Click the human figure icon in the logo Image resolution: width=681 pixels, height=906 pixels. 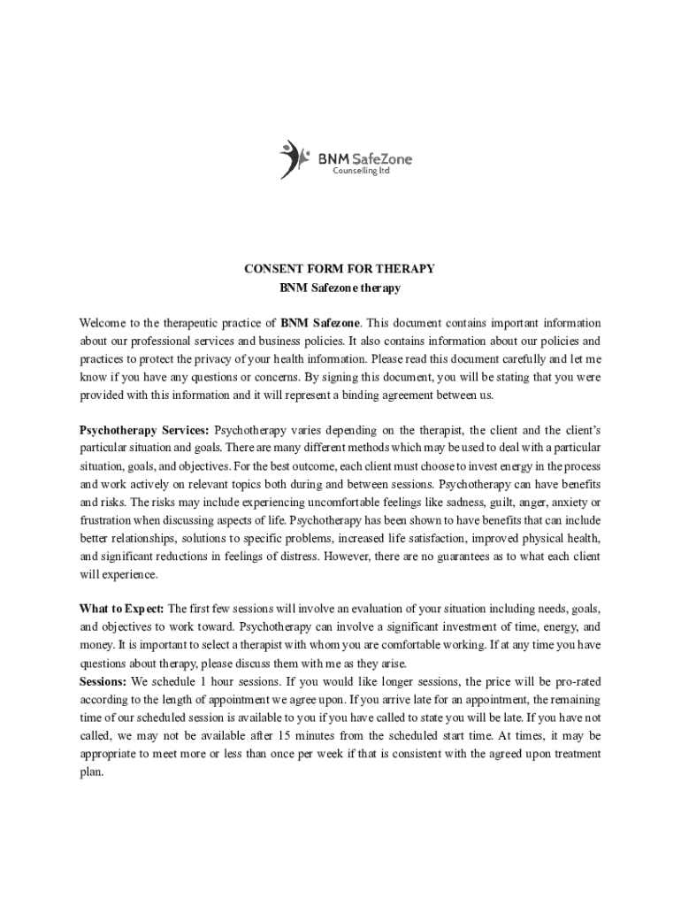293,159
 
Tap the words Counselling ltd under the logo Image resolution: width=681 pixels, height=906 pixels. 361,171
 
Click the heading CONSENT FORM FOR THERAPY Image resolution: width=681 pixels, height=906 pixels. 340,269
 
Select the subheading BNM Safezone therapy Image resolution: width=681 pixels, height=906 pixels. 340,288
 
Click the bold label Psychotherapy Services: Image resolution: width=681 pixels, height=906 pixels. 144,430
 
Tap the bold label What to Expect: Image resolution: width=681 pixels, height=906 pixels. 121,609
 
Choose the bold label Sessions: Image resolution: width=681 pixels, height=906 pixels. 103,681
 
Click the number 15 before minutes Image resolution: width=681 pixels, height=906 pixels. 285,735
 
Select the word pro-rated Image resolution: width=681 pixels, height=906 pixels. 575,681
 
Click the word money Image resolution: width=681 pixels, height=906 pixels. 96,645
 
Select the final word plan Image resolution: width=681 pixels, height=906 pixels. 91,771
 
